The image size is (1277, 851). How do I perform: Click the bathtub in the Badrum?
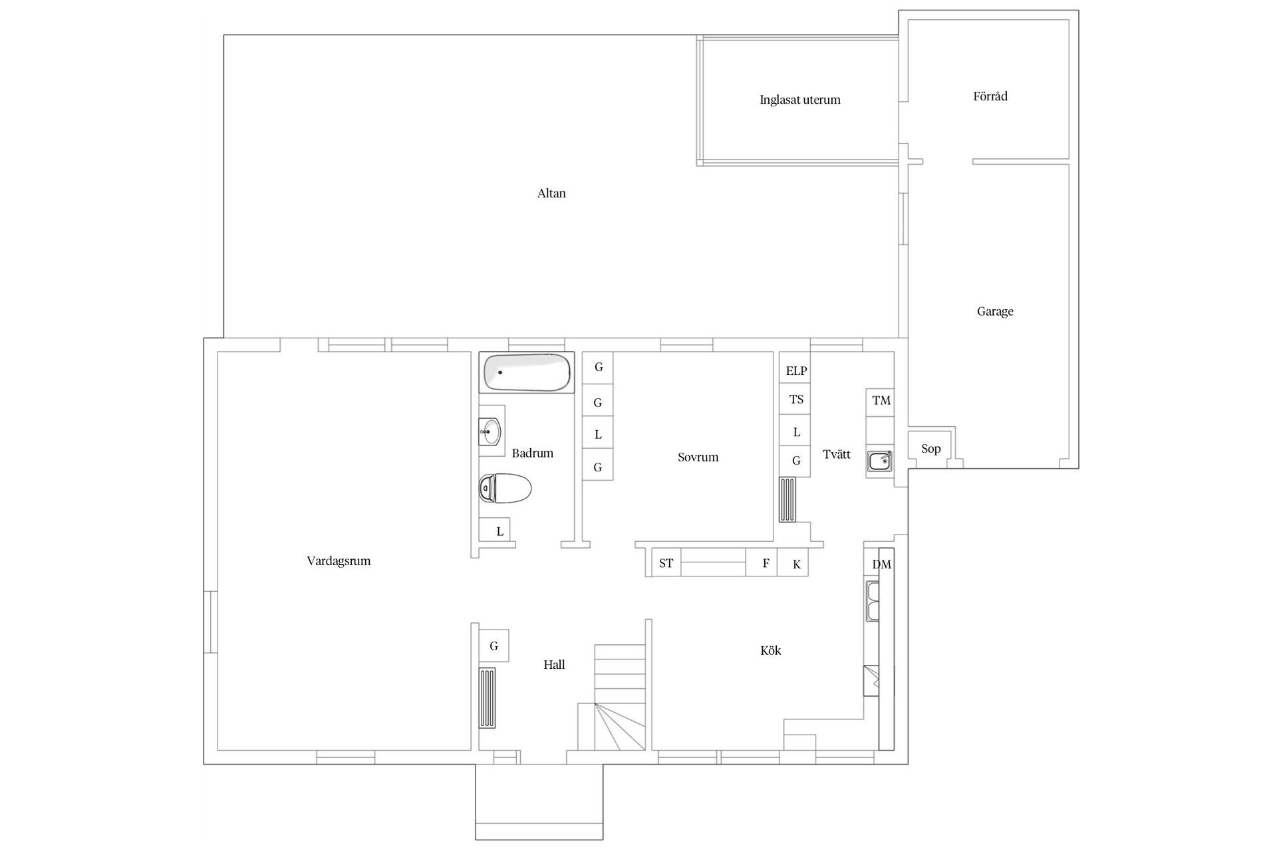[527, 372]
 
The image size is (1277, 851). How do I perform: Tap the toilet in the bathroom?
[505, 489]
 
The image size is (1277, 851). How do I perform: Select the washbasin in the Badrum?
[492, 431]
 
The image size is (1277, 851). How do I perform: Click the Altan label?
[551, 193]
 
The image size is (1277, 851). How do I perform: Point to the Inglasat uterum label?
[799, 100]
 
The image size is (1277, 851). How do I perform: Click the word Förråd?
[990, 96]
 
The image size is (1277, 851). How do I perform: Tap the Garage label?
[995, 311]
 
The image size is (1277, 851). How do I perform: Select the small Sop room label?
[930, 449]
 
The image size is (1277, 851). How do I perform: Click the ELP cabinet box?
[795, 370]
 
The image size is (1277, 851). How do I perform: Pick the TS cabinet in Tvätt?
[795, 399]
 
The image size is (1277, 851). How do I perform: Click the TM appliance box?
[881, 400]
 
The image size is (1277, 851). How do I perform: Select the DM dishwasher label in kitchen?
[881, 564]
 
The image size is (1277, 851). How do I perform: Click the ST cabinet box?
[666, 563]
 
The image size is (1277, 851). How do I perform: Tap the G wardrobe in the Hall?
[494, 646]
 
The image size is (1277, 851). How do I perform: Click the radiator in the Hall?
[488, 698]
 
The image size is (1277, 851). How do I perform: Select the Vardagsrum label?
[339, 561]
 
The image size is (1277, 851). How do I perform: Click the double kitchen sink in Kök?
[872, 601]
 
